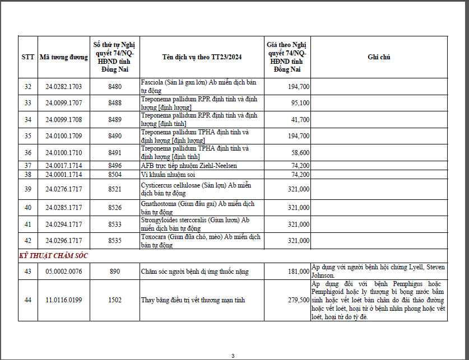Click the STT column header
(28, 57)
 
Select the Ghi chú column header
(379, 57)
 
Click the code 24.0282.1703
(64, 87)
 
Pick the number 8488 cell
(115, 103)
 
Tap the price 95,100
(300, 103)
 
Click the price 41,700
(300, 120)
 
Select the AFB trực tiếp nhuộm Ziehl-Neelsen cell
(189, 166)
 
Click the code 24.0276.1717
(64, 189)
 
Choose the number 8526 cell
(115, 207)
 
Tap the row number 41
(28, 225)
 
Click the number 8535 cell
(115, 241)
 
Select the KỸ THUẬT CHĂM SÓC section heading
(53, 256)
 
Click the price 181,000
(299, 272)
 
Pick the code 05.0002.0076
(64, 272)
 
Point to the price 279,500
(299, 300)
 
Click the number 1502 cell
(115, 300)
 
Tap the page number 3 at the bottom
(233, 356)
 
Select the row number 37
(28, 166)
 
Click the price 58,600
(300, 153)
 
